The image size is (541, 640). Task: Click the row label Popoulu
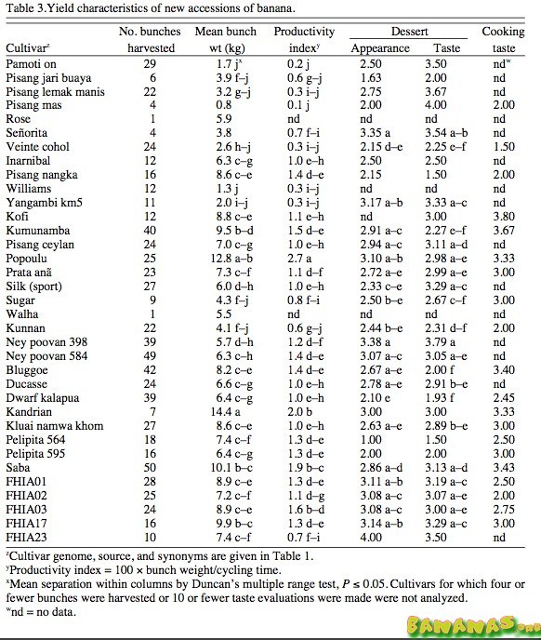click(x=27, y=259)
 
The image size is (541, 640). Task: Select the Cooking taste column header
click(x=503, y=40)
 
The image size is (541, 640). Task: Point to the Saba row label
click(x=18, y=467)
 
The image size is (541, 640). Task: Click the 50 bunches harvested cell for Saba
click(x=150, y=467)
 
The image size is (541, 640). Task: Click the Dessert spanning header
click(x=409, y=32)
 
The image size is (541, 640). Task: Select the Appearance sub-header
click(x=380, y=48)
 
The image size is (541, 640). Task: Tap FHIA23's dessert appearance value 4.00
click(x=371, y=537)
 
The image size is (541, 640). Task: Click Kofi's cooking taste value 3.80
click(x=504, y=217)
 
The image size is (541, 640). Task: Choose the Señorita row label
click(x=27, y=133)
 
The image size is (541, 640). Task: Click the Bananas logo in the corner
click(x=473, y=625)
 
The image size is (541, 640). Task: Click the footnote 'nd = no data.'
click(x=41, y=612)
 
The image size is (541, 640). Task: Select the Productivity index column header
click(x=304, y=40)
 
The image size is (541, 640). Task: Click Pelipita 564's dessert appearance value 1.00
click(x=371, y=440)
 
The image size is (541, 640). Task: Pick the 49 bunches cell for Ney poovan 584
click(x=150, y=356)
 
